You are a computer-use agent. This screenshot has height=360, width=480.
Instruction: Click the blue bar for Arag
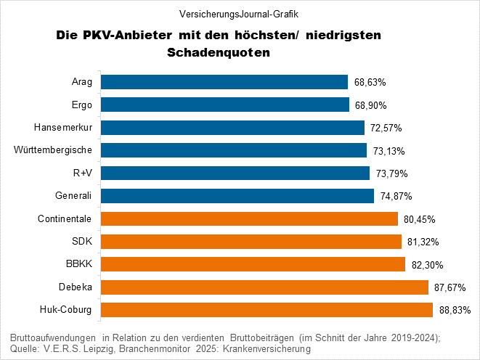point(224,82)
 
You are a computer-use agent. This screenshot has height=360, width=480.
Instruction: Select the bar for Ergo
point(224,105)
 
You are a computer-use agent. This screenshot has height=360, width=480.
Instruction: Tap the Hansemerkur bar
point(232,128)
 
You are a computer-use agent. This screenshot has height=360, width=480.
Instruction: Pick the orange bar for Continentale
point(249,218)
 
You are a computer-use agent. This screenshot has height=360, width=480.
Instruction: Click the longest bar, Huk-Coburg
point(267,310)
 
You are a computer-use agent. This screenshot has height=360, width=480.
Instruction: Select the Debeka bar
point(264,287)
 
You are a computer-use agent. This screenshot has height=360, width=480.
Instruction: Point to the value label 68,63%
point(370,83)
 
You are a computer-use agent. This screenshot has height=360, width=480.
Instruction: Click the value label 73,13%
point(389,151)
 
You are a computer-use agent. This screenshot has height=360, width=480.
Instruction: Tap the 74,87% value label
point(396,197)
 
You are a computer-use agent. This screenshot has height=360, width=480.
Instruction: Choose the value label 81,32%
point(423,242)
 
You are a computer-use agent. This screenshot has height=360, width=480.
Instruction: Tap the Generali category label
point(73,196)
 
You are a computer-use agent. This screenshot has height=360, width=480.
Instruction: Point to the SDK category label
point(82,241)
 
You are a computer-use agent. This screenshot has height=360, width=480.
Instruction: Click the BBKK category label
point(79,264)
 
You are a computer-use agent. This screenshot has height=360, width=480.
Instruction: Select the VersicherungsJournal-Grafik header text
point(239,14)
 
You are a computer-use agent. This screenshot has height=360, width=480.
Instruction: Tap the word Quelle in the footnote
point(25,349)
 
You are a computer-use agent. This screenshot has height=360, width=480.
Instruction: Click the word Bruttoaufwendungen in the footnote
point(54,337)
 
